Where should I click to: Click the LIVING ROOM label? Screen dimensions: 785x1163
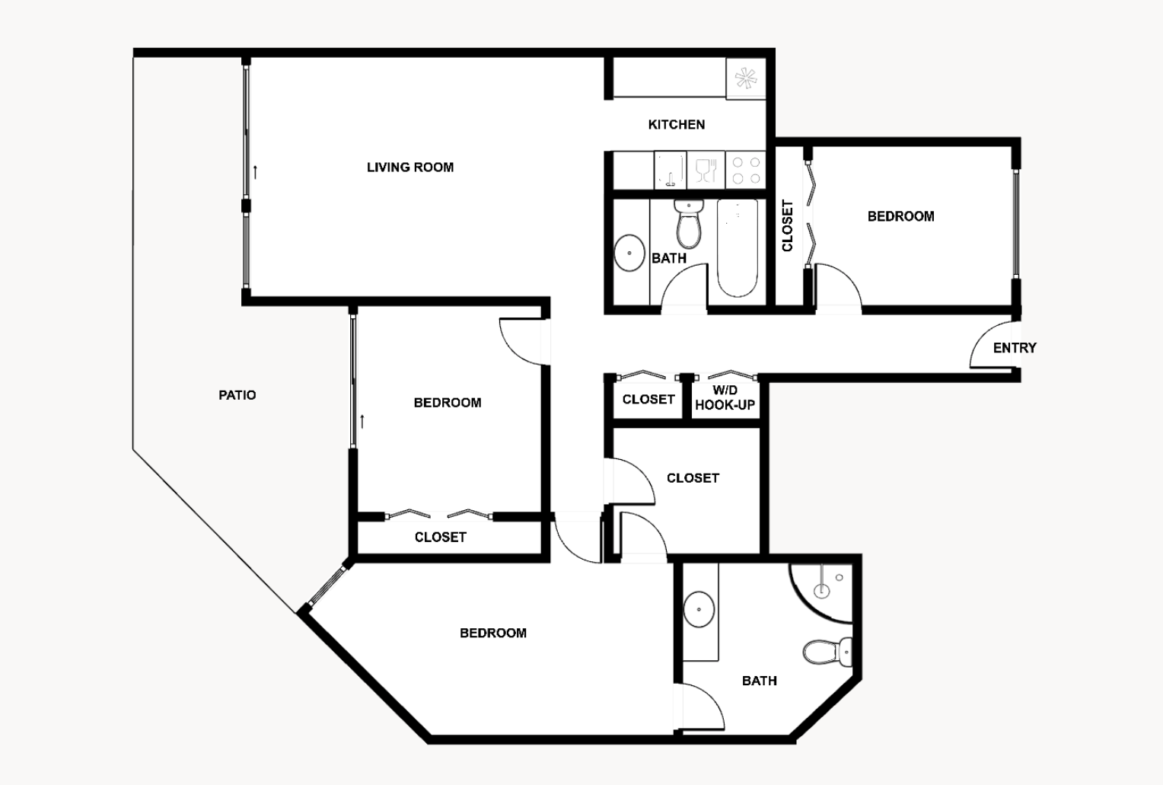pos(409,167)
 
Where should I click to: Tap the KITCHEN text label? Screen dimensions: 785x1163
pos(676,124)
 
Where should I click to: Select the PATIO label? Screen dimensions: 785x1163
pos(237,394)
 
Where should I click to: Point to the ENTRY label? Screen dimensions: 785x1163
pos(1014,347)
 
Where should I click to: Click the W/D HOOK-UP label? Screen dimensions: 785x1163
pos(725,398)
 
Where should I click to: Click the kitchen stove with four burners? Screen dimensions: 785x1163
pos(745,171)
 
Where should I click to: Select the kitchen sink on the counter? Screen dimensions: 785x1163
pos(671,171)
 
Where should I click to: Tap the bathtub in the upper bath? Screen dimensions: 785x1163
pos(737,247)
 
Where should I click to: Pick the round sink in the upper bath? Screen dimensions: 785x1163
pos(629,253)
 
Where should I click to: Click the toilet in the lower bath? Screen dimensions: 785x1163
pos(827,652)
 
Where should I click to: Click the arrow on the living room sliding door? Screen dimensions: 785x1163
pos(256,171)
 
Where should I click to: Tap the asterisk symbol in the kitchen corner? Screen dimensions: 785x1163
pos(744,78)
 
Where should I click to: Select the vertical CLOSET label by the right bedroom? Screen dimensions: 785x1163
pos(787,225)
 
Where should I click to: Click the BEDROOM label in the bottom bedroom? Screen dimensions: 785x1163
pos(492,633)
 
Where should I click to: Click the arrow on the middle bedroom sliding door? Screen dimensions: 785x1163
pos(363,420)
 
